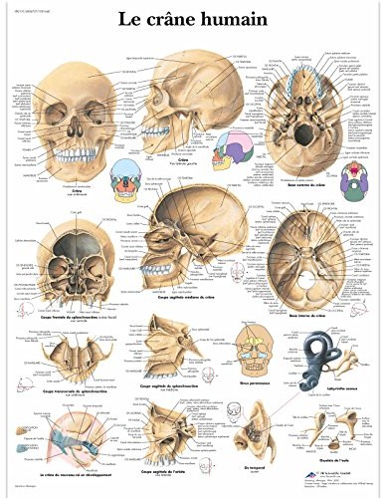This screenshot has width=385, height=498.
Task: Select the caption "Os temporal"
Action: (x=261, y=455)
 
